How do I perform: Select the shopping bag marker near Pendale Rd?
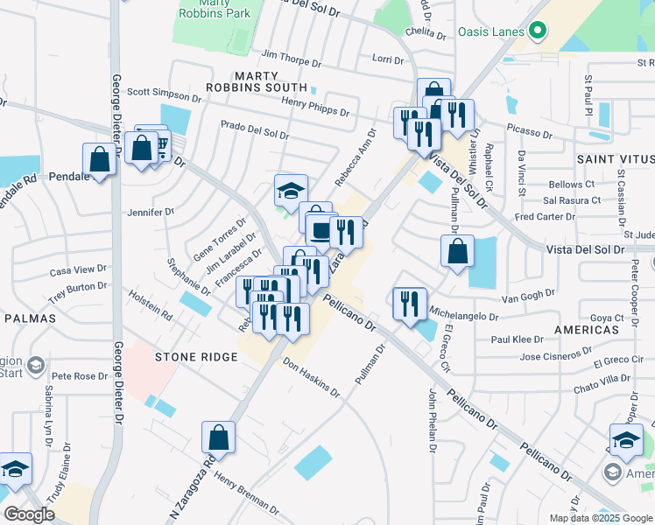pyautogui.click(x=99, y=160)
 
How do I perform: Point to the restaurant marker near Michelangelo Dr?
pyautogui.click(x=409, y=304)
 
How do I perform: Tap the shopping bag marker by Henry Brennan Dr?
pyautogui.click(x=218, y=437)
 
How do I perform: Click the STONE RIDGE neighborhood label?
pyautogui.click(x=196, y=357)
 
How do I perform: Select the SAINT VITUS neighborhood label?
pyautogui.click(x=615, y=159)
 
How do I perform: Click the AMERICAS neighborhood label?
pyautogui.click(x=587, y=330)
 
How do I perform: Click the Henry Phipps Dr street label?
pyautogui.click(x=315, y=107)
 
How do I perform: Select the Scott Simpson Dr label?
pyautogui.click(x=164, y=93)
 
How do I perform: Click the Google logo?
pyautogui.click(x=29, y=515)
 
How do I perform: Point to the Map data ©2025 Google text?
pyautogui.click(x=600, y=518)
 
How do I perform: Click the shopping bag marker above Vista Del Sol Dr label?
pyautogui.click(x=457, y=252)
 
